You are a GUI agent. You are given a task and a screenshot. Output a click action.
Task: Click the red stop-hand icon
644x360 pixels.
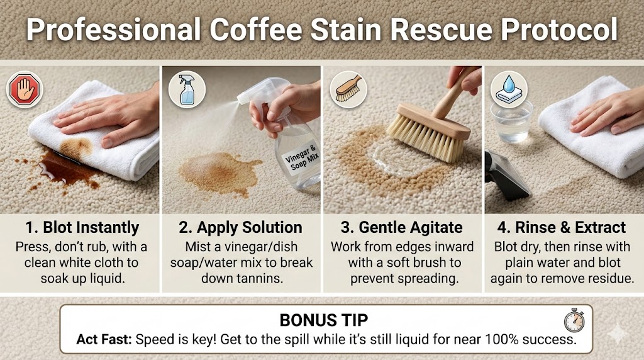pos(25,89)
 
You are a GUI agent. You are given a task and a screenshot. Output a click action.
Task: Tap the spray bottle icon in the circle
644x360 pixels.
pos(186,89)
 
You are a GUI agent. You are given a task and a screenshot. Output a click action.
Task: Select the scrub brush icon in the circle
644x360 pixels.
pos(348,89)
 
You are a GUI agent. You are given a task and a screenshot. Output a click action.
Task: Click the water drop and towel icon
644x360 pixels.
pos(509,89)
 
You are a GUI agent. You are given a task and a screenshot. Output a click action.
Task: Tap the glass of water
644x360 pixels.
pos(511,121)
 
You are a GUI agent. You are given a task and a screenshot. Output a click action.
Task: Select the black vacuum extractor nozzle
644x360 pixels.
pos(506,176)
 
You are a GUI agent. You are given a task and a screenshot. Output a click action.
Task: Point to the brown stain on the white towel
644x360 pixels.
pos(76,149)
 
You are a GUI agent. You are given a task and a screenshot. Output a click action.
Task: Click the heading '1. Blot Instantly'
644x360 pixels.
pos(82,227)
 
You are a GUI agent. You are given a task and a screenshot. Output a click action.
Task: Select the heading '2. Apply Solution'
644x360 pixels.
pos(240,227)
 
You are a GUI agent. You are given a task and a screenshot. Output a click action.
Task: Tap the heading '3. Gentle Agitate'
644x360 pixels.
pos(402,227)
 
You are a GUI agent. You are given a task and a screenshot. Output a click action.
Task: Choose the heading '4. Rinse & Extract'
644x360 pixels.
pos(562,227)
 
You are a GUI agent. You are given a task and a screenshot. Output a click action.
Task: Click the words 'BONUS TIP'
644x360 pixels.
pos(324,320)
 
